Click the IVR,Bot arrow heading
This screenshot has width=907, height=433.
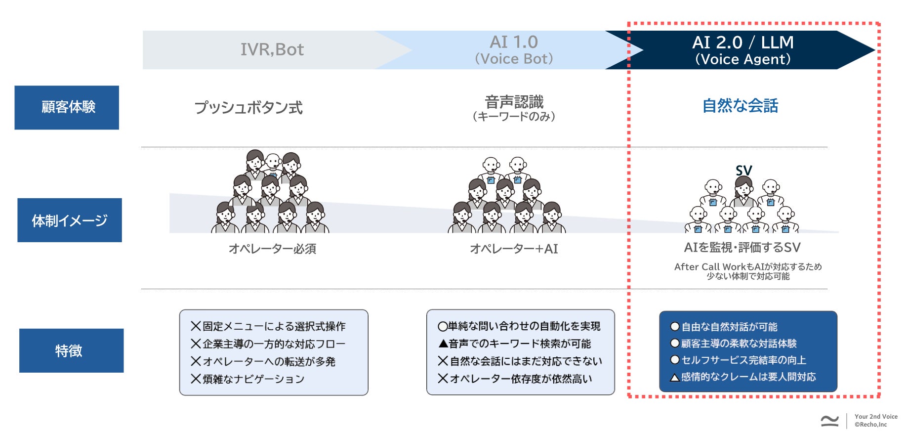click(x=272, y=49)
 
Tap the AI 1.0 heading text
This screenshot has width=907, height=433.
click(x=514, y=43)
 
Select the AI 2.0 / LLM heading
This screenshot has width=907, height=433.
click(x=742, y=43)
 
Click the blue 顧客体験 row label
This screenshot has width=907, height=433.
click(x=67, y=107)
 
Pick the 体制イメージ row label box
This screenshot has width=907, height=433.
click(x=70, y=220)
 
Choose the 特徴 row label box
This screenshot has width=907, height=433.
click(x=71, y=350)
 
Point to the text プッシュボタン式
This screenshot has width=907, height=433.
click(x=248, y=107)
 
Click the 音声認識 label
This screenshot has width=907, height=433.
click(x=514, y=102)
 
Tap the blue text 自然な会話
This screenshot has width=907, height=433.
click(x=740, y=106)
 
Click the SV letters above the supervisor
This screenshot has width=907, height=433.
click(x=743, y=171)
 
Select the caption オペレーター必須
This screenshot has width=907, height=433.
click(x=272, y=249)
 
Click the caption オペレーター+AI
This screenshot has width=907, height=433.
click(x=514, y=249)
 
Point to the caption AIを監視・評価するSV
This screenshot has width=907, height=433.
click(x=742, y=247)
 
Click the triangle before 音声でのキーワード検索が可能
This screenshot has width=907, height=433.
click(x=443, y=344)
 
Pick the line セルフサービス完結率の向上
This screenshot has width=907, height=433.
click(x=743, y=360)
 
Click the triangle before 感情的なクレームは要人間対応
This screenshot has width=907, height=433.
click(x=675, y=378)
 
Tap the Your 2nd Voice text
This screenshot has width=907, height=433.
click(x=876, y=417)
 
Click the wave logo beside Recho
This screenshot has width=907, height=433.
click(x=830, y=421)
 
